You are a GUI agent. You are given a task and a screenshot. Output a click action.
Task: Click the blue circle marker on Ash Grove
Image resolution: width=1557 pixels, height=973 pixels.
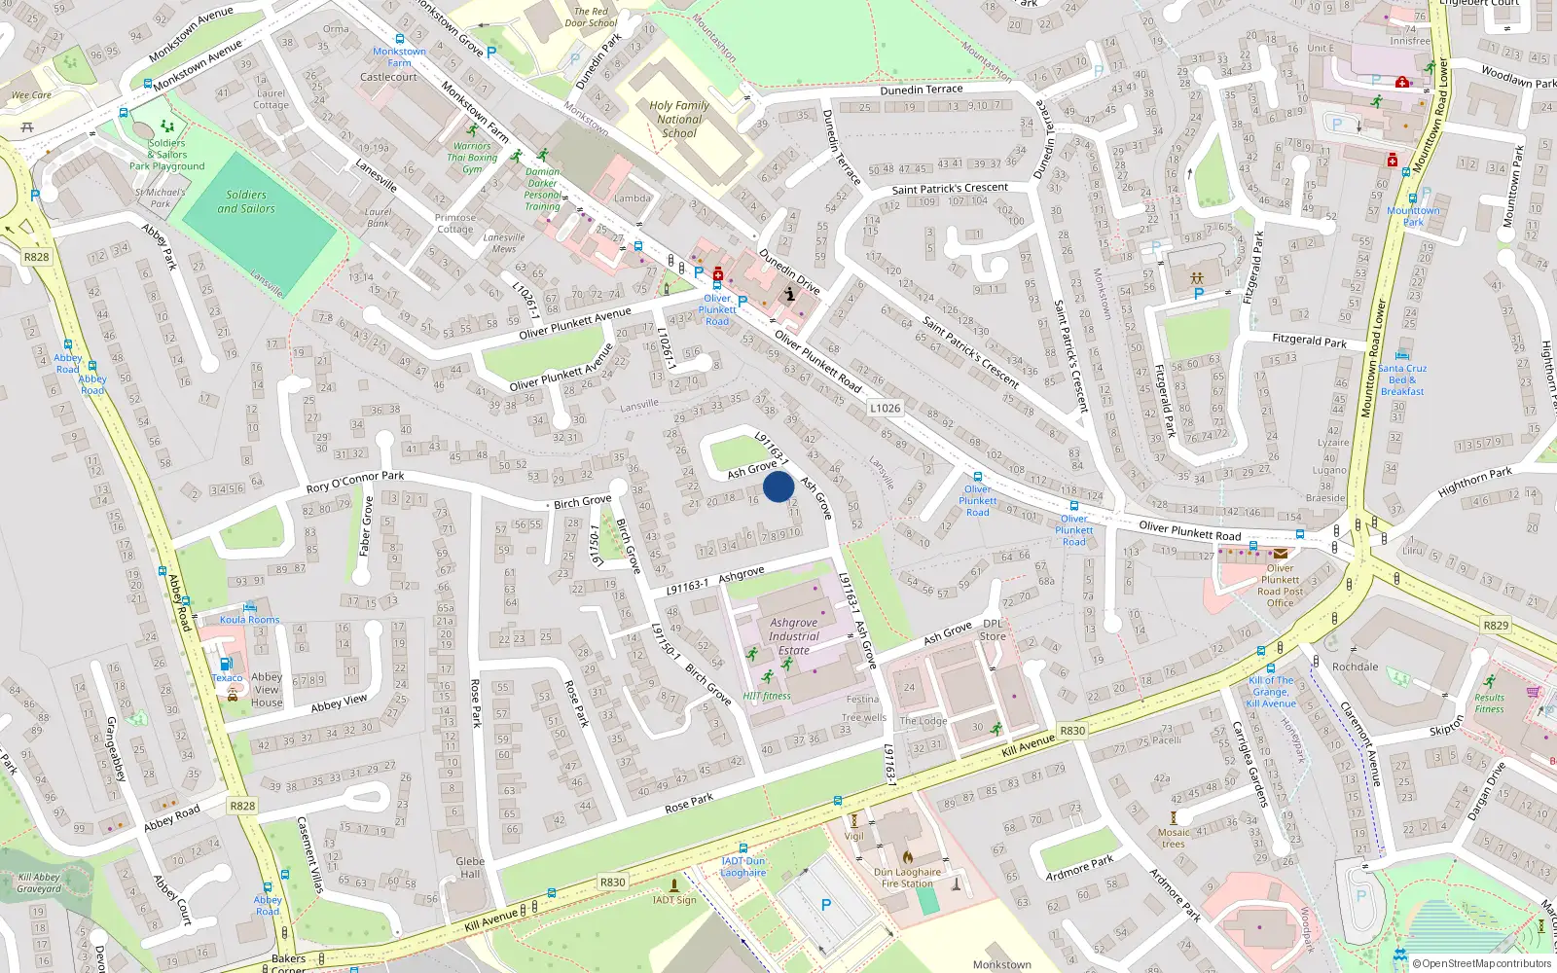tap(778, 486)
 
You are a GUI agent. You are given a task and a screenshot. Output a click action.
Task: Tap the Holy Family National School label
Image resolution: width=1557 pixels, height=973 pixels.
tap(679, 120)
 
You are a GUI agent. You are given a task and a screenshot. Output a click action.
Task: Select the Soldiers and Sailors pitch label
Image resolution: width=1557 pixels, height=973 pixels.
tap(246, 201)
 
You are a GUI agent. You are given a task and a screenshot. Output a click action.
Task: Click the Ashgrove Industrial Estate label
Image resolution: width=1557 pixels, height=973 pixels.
tap(794, 636)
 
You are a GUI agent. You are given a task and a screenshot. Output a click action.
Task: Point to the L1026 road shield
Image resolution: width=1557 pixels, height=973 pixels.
tap(886, 408)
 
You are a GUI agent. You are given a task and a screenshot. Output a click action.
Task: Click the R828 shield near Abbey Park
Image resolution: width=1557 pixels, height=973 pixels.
tap(36, 257)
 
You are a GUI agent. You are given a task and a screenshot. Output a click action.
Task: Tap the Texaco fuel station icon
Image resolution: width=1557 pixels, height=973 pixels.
tap(226, 665)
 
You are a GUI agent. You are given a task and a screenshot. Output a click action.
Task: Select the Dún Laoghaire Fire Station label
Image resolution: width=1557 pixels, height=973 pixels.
tap(907, 878)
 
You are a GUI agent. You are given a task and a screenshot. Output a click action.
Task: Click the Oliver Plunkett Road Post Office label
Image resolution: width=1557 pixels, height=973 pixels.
tap(1280, 586)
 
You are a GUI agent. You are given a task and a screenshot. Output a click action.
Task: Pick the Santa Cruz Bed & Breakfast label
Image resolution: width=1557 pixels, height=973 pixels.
tap(1402, 379)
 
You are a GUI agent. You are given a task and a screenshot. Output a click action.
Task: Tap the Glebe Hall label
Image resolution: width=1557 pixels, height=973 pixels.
tap(470, 867)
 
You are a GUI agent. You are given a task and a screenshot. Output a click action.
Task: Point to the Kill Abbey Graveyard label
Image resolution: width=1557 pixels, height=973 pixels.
tap(39, 883)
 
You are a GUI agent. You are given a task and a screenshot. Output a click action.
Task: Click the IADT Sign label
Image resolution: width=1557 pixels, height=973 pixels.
tap(674, 900)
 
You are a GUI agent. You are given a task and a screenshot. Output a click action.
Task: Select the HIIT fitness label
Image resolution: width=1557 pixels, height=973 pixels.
tap(767, 696)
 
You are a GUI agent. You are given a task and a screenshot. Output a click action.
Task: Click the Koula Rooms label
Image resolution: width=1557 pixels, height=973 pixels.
tap(249, 620)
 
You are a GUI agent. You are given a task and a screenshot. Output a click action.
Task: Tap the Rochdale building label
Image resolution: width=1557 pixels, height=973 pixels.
tap(1355, 667)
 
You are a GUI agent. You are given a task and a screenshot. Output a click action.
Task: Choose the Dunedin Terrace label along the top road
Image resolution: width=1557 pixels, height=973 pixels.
tap(922, 90)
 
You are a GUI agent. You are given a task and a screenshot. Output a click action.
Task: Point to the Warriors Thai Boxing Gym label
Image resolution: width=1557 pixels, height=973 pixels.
tap(473, 158)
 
